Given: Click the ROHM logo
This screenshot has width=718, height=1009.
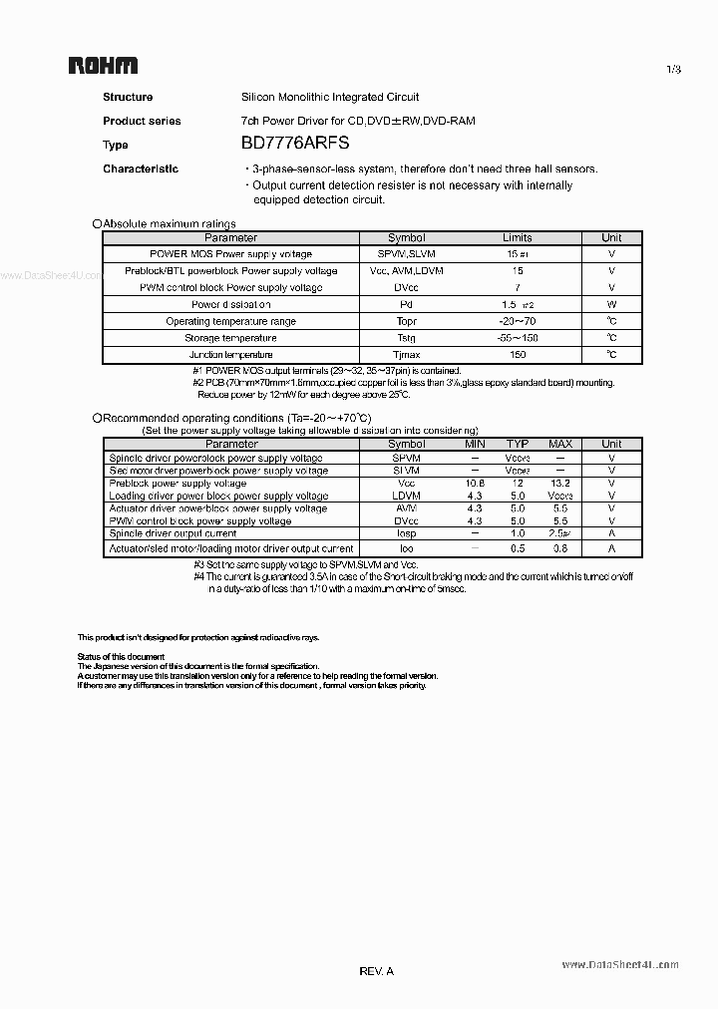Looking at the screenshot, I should [103, 66].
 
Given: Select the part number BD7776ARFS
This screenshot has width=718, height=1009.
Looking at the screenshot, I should [295, 144].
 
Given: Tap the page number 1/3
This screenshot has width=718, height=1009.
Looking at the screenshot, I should [673, 69].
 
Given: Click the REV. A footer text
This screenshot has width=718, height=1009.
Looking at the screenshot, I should [376, 970].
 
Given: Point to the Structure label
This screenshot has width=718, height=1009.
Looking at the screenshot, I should [128, 97].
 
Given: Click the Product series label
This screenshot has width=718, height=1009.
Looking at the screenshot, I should [142, 121].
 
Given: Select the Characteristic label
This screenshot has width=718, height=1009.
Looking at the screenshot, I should [141, 168].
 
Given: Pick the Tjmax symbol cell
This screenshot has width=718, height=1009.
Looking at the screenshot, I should [406, 355].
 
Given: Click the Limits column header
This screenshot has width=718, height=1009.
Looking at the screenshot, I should [518, 237].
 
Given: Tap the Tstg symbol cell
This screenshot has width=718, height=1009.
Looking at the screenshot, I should [406, 338].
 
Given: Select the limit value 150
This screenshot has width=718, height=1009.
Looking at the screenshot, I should [518, 355].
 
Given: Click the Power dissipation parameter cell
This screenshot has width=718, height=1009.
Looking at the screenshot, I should [231, 304].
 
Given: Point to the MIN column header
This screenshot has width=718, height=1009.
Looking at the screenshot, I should [475, 444].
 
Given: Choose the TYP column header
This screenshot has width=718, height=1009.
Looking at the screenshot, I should [517, 444].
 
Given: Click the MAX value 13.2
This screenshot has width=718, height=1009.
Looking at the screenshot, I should [560, 483].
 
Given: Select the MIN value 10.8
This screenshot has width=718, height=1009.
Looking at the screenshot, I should [475, 483].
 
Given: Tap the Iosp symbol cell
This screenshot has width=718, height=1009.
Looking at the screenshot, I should [406, 534].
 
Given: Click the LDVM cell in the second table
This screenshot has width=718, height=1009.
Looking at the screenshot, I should [406, 496].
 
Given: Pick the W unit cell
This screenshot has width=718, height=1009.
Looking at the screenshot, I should [611, 304].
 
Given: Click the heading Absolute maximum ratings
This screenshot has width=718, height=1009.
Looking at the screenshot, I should [170, 224].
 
